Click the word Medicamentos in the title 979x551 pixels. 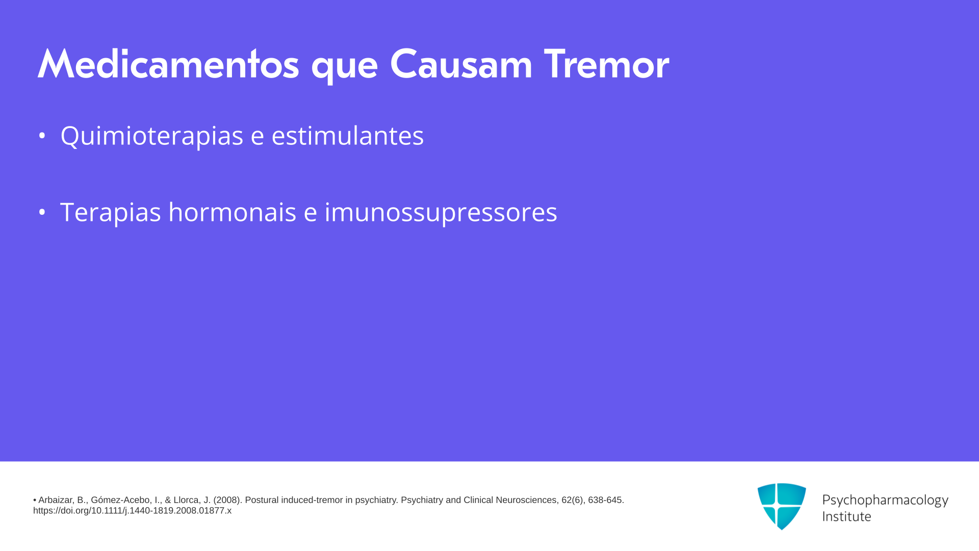click(x=168, y=64)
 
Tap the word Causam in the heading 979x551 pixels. click(x=461, y=64)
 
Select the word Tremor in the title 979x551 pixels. click(x=606, y=64)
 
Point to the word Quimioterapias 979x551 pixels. click(x=152, y=136)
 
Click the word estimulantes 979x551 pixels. click(x=347, y=136)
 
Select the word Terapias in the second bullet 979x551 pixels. click(x=111, y=212)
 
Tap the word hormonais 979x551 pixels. click(x=232, y=212)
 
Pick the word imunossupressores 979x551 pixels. click(x=441, y=212)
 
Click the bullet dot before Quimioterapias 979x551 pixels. click(x=42, y=136)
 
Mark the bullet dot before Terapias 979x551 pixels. click(x=42, y=212)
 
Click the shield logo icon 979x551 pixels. click(x=782, y=506)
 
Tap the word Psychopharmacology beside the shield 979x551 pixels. click(x=885, y=500)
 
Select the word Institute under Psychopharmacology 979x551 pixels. click(x=846, y=516)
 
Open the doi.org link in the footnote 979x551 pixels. click(x=132, y=511)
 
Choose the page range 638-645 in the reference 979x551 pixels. click(x=606, y=500)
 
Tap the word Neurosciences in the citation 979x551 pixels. click(x=527, y=500)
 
